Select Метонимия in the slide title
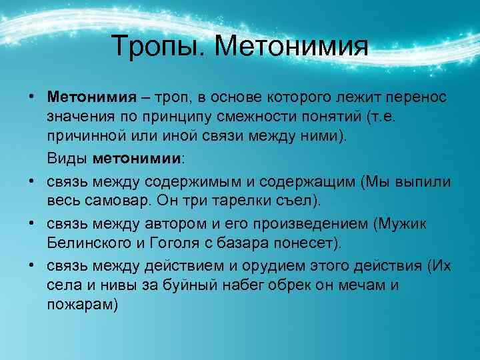click(293, 46)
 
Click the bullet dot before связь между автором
click(31, 223)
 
